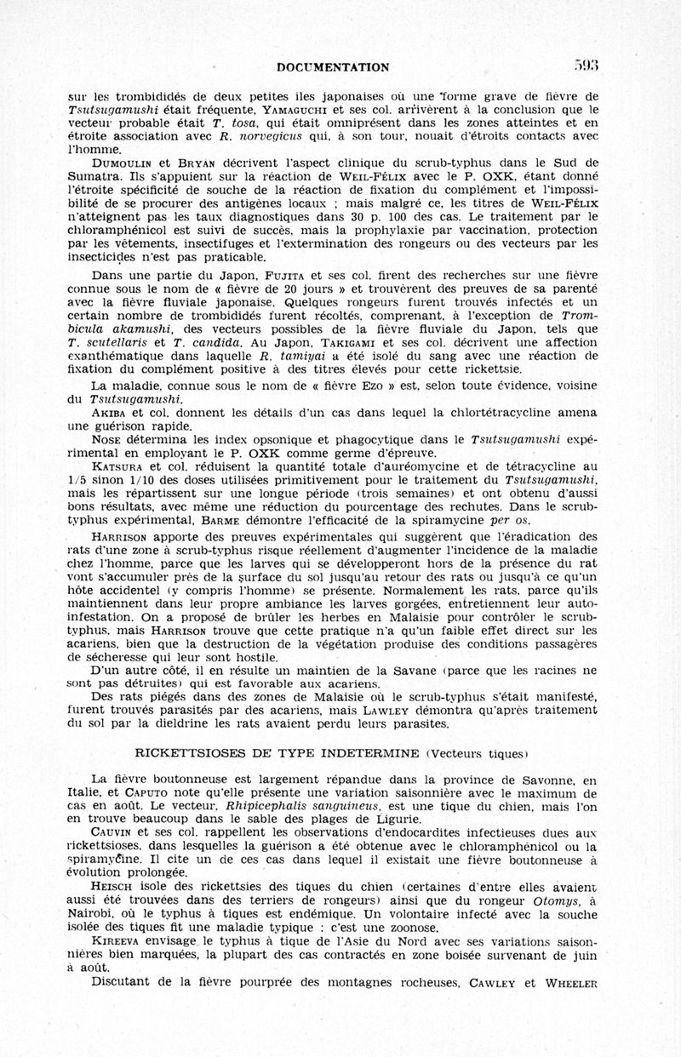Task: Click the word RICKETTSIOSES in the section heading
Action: point(192,751)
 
